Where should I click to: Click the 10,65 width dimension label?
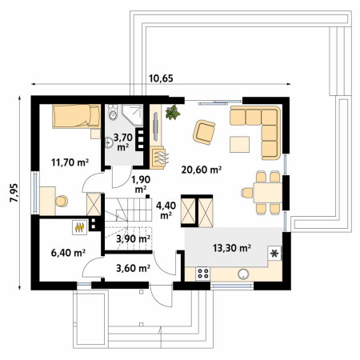(161, 78)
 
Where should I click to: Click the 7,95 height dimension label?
(14, 193)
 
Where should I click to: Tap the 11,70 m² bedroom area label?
(70, 162)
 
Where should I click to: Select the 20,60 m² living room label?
(202, 169)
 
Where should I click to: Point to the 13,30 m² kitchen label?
(232, 248)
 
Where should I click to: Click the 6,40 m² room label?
(68, 252)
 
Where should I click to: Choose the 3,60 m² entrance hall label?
(133, 268)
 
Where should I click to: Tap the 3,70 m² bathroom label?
(123, 142)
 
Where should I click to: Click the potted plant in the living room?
(173, 112)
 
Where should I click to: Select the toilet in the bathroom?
(113, 112)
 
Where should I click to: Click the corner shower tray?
(133, 115)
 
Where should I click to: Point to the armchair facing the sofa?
(204, 132)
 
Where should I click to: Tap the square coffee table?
(239, 144)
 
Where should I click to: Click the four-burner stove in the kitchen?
(203, 274)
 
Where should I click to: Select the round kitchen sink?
(243, 274)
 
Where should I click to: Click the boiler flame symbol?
(79, 227)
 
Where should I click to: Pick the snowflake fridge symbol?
(274, 253)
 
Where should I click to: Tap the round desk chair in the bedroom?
(62, 201)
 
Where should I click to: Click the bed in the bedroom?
(77, 116)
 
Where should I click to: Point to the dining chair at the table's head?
(247, 193)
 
